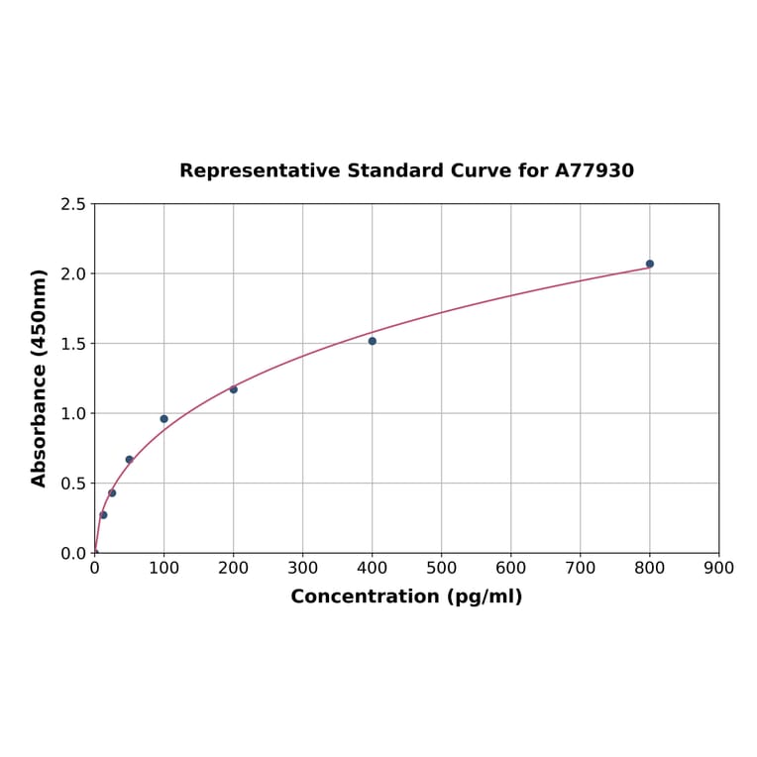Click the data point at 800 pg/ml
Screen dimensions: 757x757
point(650,264)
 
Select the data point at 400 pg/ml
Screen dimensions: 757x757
point(373,341)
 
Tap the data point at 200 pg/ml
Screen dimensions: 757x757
point(234,389)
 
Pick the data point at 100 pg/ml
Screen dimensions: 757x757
point(164,419)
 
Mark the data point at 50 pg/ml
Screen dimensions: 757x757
point(129,460)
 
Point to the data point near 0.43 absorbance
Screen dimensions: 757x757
point(112,492)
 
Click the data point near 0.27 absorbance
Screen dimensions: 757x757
point(103,515)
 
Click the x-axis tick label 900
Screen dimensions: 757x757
point(718,569)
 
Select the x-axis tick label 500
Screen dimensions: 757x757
point(441,569)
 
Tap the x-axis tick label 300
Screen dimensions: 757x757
point(302,569)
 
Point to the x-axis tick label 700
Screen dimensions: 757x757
point(580,569)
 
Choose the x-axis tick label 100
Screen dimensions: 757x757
point(163,569)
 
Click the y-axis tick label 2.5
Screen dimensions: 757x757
point(73,204)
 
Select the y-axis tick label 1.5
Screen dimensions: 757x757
point(73,344)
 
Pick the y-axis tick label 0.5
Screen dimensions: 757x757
point(73,484)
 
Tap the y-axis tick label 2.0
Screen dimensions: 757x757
point(73,273)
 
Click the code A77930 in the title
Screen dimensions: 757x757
point(594,171)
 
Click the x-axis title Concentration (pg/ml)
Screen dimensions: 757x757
point(406,597)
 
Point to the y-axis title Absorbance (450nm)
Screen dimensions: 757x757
point(40,378)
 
